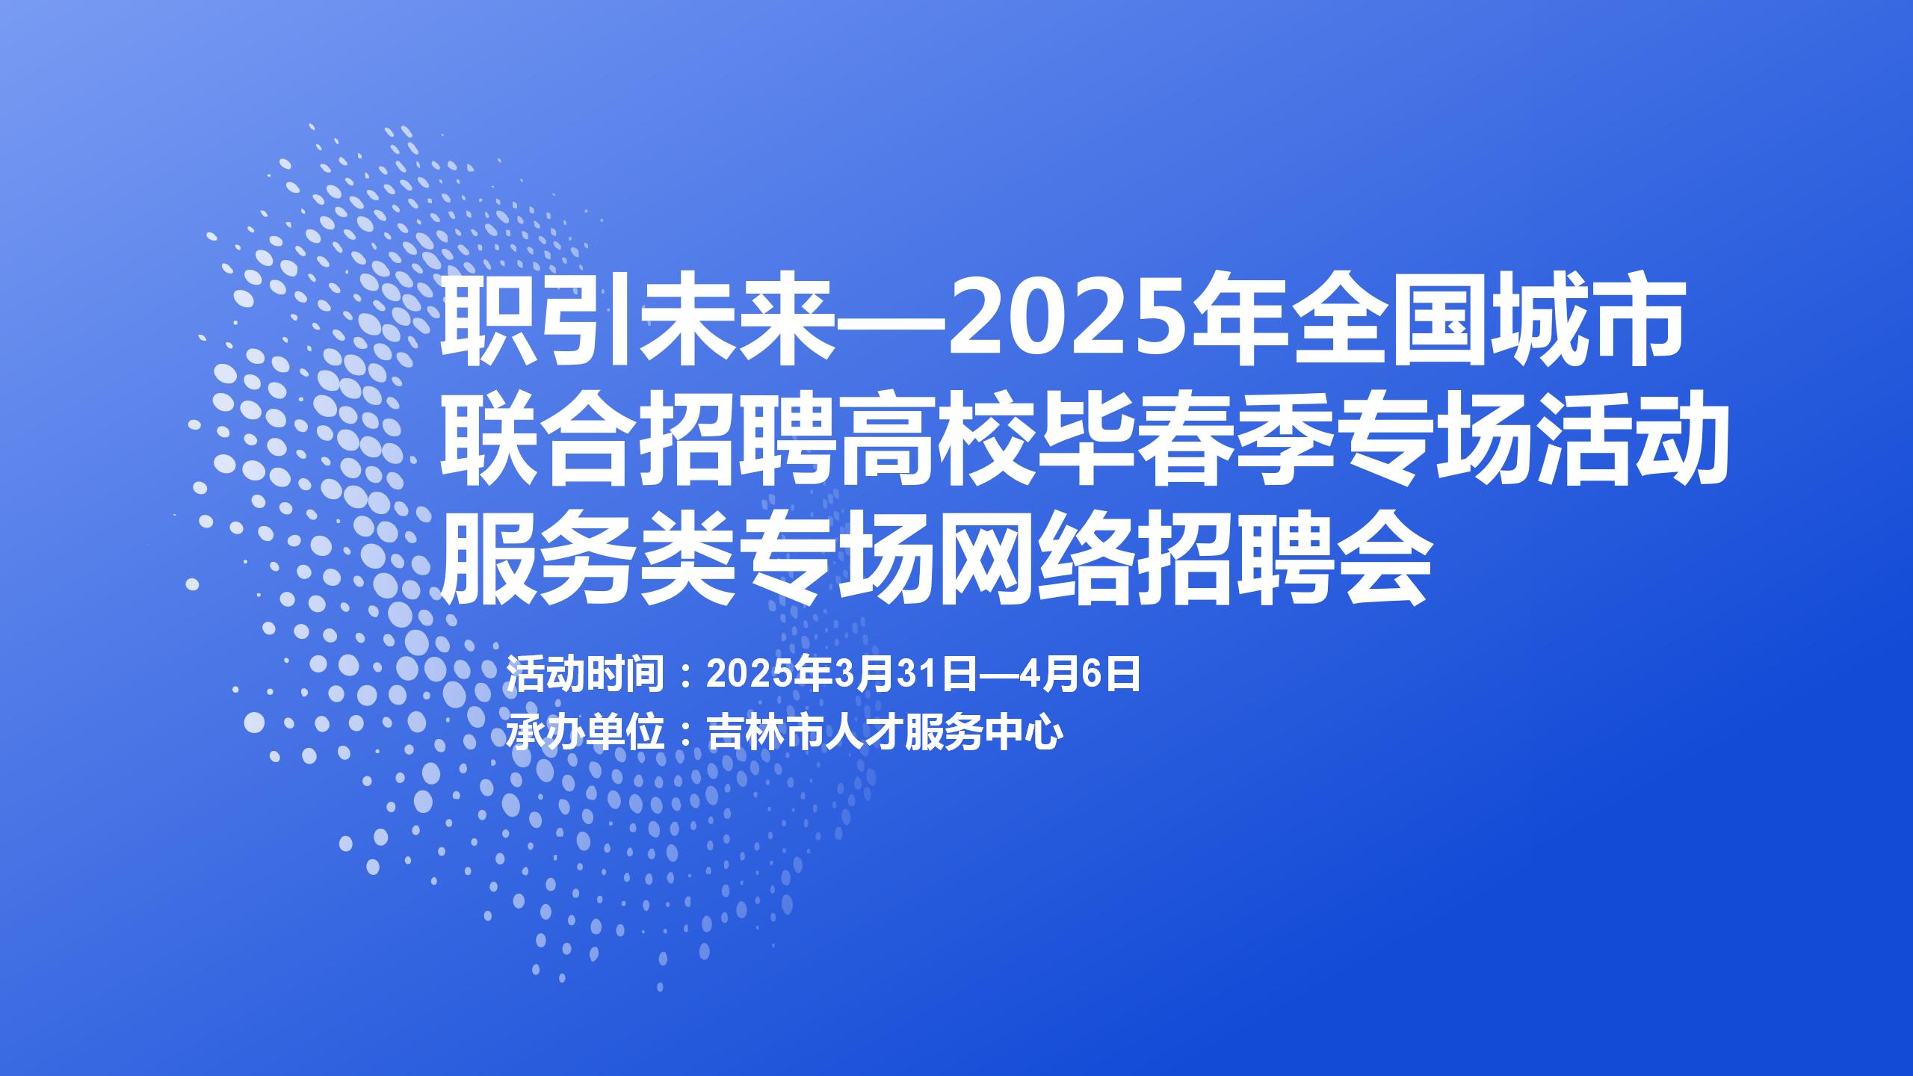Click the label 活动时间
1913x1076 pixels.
[586, 675]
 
